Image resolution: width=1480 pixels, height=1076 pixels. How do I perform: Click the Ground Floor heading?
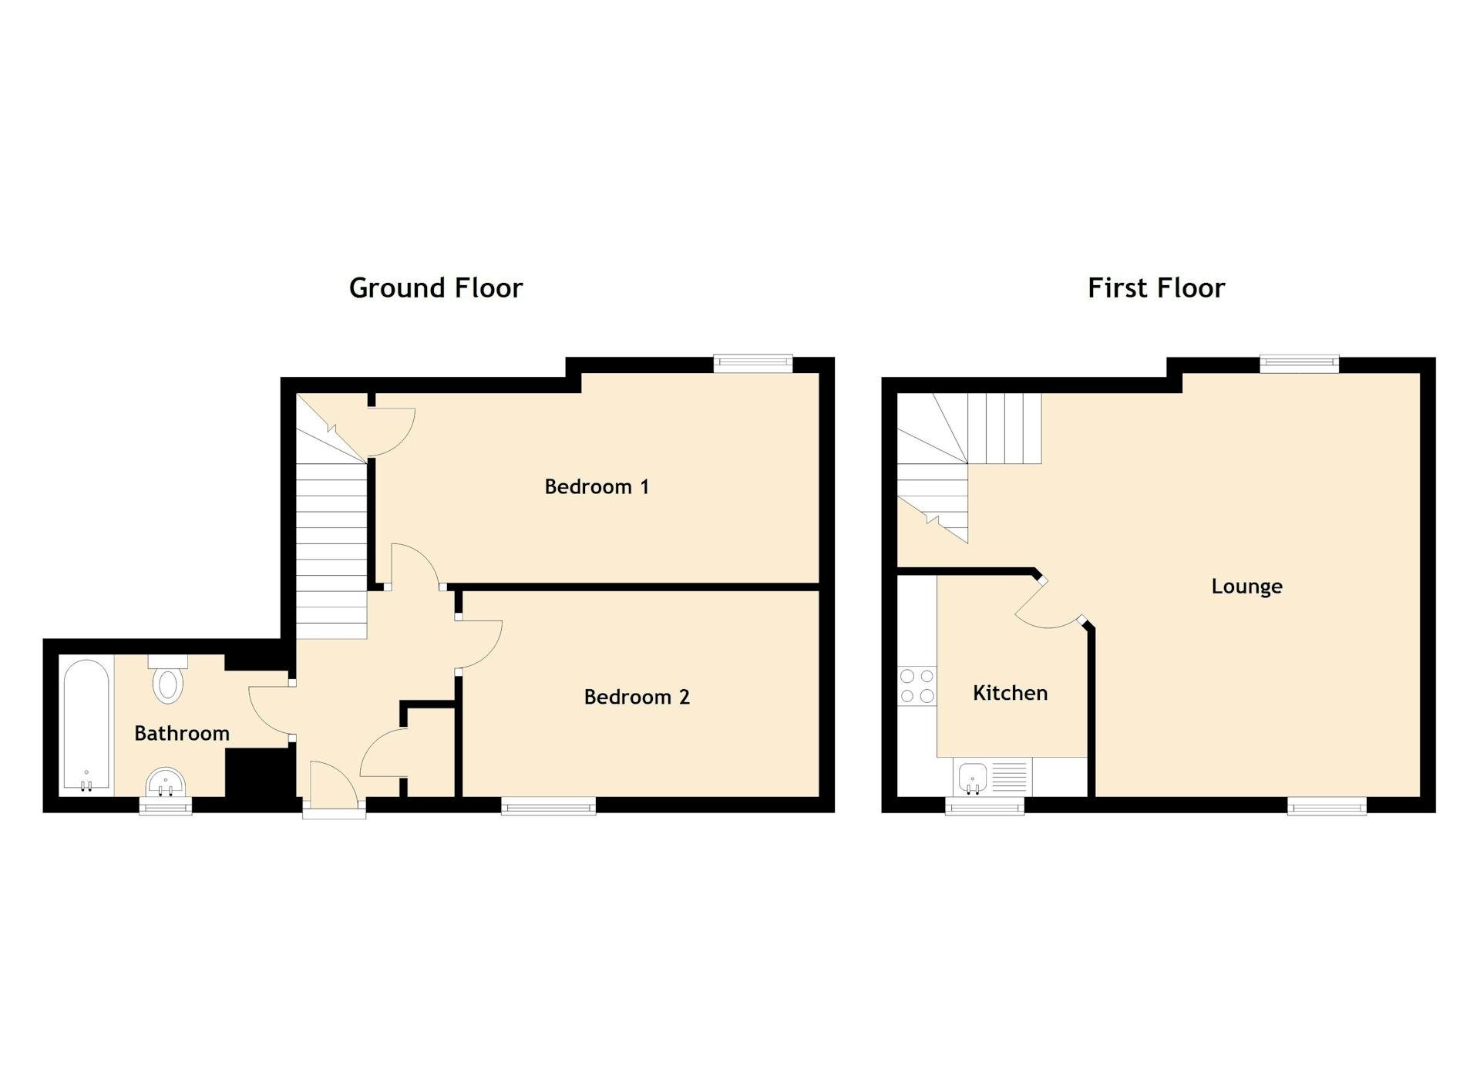436,288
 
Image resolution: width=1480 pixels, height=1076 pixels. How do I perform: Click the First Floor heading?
1155,288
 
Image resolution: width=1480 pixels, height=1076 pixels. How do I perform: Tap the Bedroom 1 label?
597,486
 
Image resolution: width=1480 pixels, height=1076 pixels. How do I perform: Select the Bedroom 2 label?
637,697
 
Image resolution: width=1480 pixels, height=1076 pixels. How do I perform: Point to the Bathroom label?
182,733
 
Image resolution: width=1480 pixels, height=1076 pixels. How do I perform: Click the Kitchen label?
1010,693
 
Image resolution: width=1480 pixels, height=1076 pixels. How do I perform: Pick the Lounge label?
1246,587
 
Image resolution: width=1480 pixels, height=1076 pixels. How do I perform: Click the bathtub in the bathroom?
86,725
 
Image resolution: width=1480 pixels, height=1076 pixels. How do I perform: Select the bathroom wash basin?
165,783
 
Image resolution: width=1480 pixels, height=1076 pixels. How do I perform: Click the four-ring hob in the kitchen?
917,686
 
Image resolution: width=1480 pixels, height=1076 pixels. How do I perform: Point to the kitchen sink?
973,777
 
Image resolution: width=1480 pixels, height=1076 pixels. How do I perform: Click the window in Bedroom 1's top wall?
752,363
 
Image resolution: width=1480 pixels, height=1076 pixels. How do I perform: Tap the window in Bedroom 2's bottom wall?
548,806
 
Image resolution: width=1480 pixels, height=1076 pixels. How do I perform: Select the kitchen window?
985,806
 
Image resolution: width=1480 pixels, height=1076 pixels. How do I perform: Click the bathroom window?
165,805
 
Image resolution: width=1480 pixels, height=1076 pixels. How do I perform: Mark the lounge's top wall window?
1299,363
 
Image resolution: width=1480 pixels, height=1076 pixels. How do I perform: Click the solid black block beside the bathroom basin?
259,775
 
